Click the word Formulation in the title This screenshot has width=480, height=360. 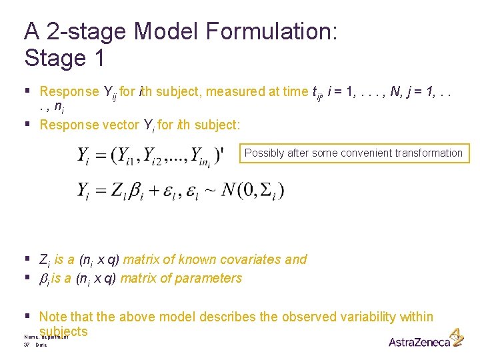274,31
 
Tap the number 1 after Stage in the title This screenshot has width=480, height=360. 98,58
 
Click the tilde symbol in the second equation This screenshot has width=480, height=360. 209,191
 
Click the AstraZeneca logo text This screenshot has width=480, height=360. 419,342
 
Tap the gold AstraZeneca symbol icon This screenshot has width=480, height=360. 457,337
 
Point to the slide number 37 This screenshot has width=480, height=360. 27,345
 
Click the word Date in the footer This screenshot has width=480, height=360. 41,345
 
